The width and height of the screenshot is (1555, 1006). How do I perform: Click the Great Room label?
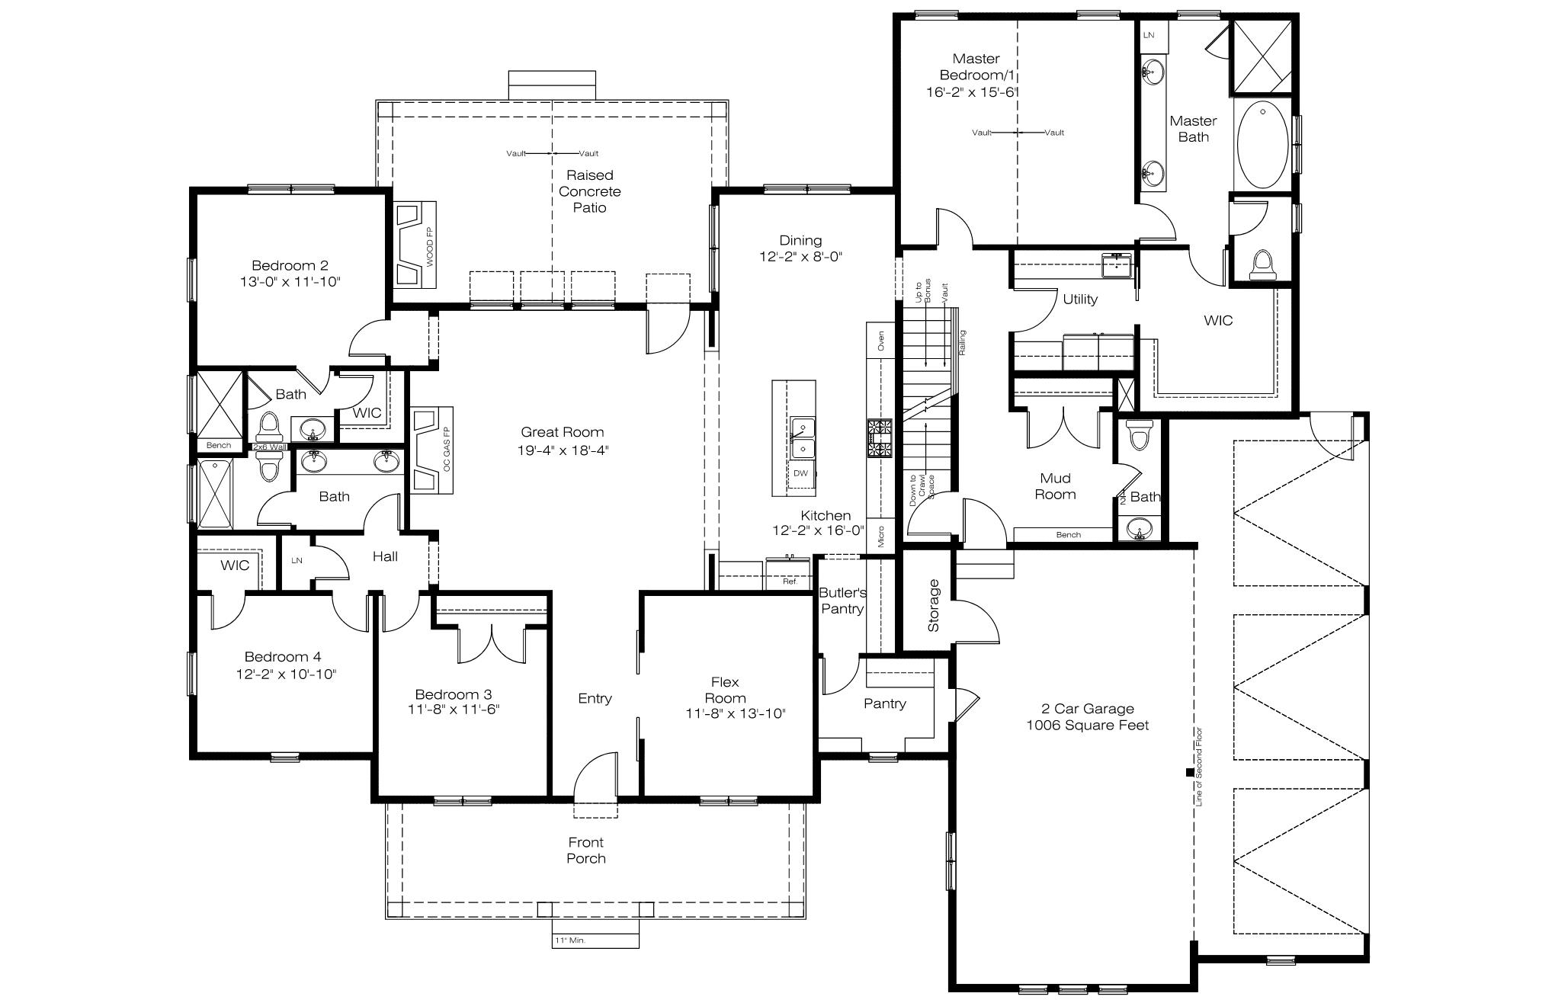coord(563,432)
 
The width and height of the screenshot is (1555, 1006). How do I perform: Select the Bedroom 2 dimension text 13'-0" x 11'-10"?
coord(290,282)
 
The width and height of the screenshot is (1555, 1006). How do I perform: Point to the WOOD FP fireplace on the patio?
coord(415,245)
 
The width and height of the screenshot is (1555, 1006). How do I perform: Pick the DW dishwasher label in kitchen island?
coord(800,473)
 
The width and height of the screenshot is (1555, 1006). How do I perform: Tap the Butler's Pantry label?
coord(842,601)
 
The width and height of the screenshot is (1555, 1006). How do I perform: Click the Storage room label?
coord(934,605)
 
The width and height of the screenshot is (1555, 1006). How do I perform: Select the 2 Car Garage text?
coord(1088,709)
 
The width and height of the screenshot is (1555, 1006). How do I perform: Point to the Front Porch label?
coord(586,851)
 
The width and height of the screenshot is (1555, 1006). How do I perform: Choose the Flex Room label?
coord(726,690)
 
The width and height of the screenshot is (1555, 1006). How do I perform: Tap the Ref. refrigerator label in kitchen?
coord(790,581)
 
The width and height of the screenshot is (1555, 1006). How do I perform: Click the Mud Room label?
coord(1056,486)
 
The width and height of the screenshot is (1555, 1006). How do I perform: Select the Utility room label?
coord(1080,299)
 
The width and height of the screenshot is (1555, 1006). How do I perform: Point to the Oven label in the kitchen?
coord(881,340)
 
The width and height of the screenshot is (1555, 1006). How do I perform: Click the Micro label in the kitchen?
coord(881,537)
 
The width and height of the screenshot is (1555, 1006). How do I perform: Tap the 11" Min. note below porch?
coord(570,940)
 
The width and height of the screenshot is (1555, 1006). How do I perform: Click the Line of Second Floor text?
coord(1199,767)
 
